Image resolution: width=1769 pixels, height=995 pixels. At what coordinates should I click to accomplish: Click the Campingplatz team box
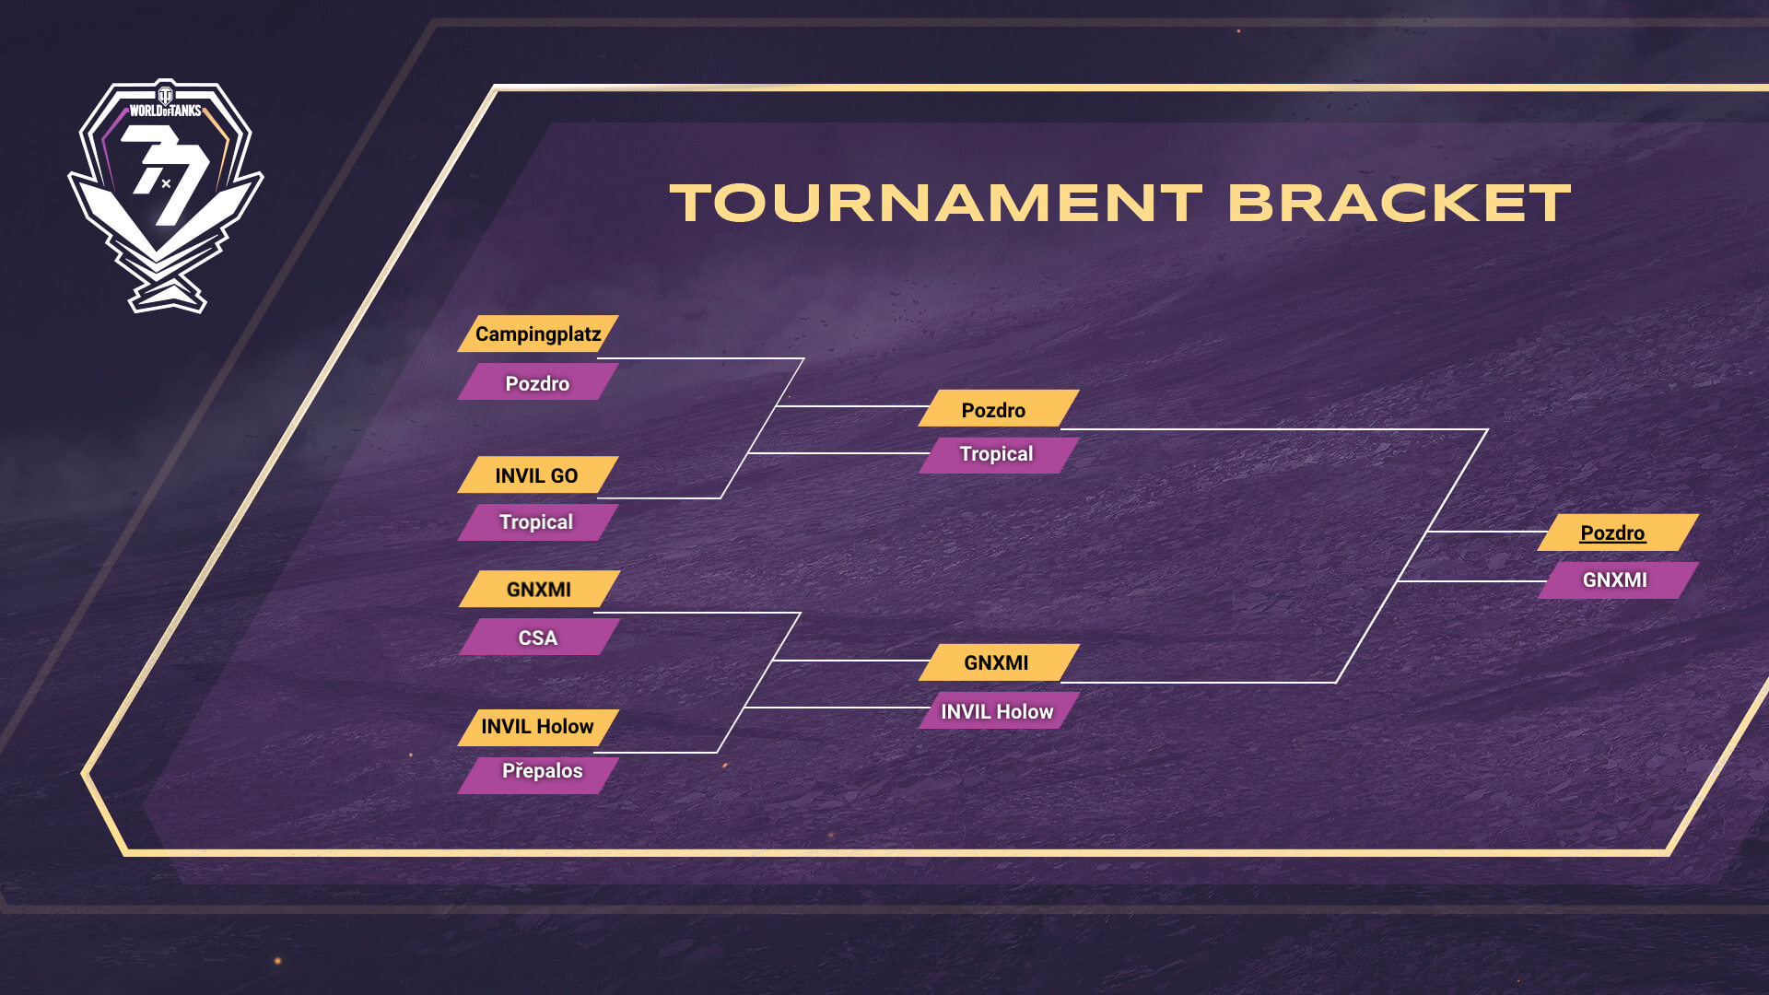538,334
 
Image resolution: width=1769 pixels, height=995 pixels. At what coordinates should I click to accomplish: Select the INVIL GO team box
538,475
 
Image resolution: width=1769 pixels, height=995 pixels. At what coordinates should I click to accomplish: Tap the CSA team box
538,638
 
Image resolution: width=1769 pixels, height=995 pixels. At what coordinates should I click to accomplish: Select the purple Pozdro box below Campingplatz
538,381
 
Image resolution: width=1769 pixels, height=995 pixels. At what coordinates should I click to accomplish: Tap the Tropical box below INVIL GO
538,522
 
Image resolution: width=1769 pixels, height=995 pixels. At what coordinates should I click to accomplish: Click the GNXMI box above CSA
538,589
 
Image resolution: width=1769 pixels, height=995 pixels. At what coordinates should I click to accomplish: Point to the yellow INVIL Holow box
538,727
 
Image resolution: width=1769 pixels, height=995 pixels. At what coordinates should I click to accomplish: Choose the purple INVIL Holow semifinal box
999,710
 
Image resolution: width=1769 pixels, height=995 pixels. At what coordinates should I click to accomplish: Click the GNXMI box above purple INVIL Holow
999,662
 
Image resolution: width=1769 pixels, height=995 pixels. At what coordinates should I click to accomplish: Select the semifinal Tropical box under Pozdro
999,455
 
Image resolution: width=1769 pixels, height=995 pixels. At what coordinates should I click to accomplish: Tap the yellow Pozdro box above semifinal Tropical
999,408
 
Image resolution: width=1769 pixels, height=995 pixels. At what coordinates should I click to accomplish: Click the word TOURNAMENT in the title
936,203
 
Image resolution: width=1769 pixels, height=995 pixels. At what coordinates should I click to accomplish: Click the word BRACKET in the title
1400,203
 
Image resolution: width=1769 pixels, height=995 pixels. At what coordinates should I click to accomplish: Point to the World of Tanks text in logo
165,111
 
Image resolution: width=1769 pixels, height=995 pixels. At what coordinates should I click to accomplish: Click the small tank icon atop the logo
166,94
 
